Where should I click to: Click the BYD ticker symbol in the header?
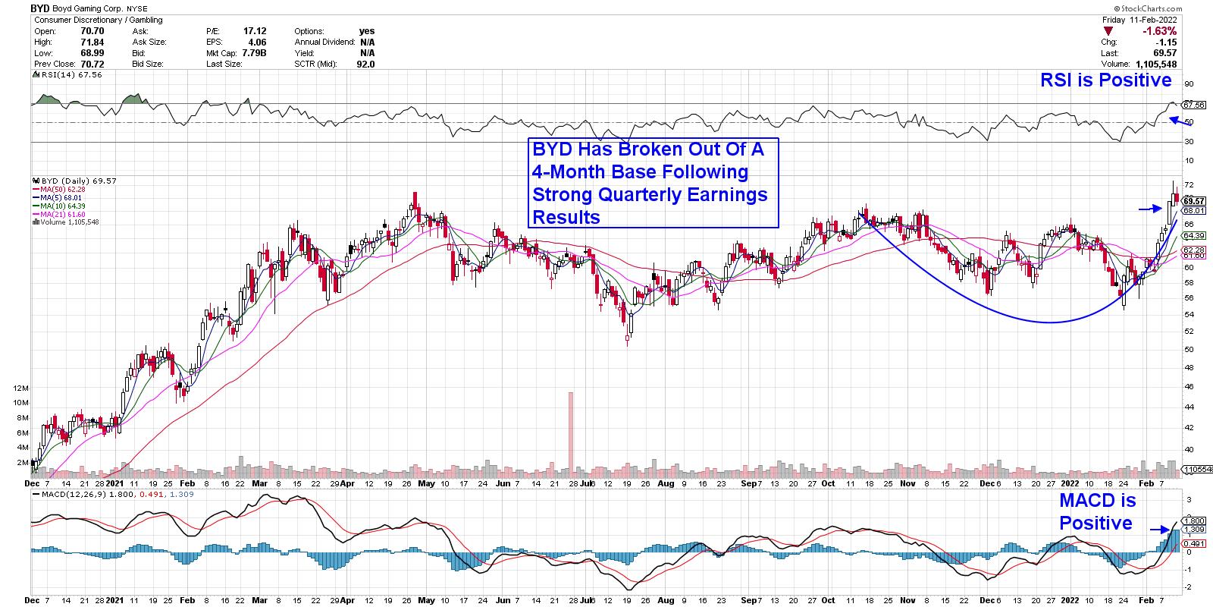point(39,8)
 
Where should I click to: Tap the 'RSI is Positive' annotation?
point(1105,80)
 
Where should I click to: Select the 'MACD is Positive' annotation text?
point(1096,512)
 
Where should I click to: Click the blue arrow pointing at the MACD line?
point(1159,530)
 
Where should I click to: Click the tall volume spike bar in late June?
point(571,432)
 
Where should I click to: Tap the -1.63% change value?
point(1160,31)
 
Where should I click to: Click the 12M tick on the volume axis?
point(20,388)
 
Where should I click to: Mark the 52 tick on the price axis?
point(1189,331)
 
